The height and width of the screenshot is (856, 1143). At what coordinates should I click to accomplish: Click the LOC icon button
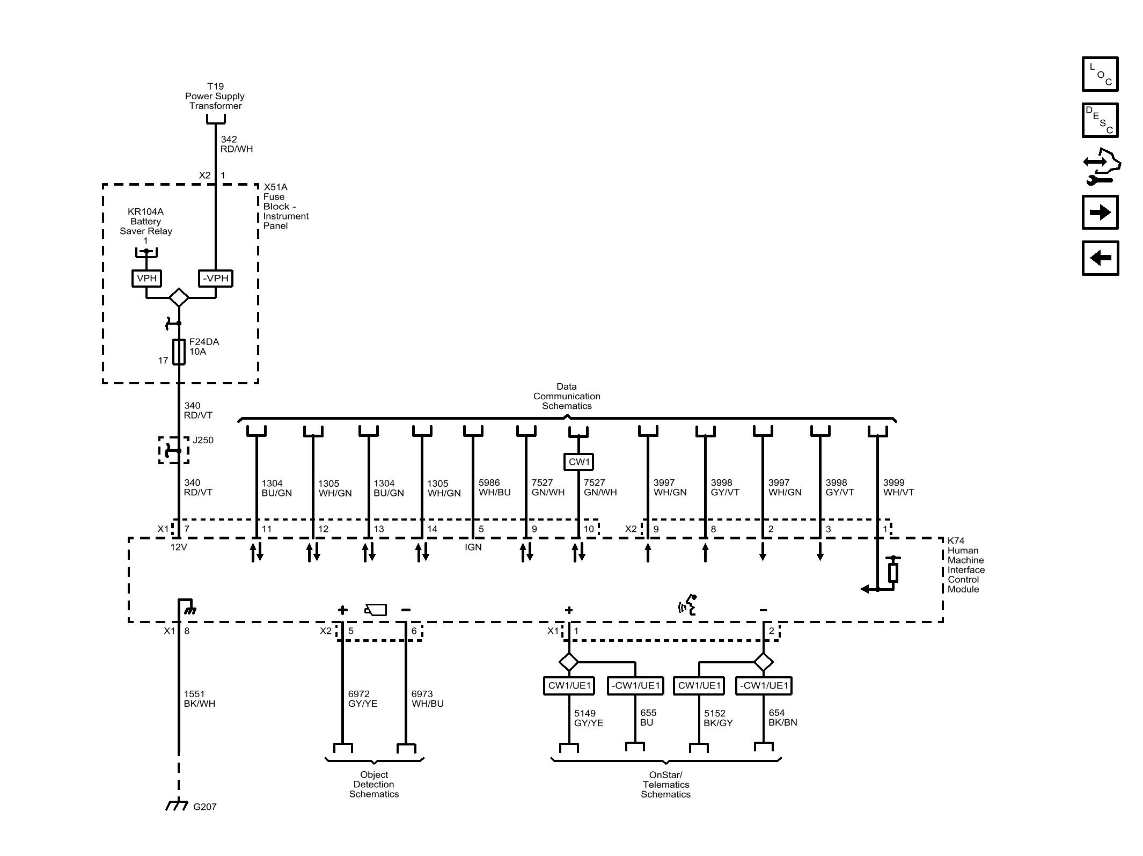(x=1100, y=74)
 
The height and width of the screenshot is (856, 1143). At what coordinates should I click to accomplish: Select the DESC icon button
(x=1100, y=120)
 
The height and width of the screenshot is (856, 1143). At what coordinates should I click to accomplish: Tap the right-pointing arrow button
(x=1100, y=213)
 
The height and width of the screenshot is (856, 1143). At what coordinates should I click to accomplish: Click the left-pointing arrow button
(x=1100, y=258)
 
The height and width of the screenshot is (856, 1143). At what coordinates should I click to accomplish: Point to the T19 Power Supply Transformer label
(x=215, y=96)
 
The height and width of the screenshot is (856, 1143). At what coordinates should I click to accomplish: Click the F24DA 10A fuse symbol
(x=179, y=352)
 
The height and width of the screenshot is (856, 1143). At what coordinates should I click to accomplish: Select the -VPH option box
(x=215, y=278)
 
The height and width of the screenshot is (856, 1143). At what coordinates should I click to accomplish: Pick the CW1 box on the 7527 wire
(x=578, y=462)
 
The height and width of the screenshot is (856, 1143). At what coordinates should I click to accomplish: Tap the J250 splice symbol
(x=173, y=450)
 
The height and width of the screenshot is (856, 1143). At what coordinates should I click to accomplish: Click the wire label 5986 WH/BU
(x=494, y=487)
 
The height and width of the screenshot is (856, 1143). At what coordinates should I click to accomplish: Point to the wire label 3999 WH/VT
(x=898, y=487)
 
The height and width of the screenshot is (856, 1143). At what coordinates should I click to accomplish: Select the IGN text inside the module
(x=473, y=547)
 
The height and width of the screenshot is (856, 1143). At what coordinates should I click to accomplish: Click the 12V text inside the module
(x=179, y=547)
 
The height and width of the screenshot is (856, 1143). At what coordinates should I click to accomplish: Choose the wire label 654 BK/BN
(x=782, y=718)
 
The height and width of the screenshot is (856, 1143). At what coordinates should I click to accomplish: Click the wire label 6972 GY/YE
(x=362, y=699)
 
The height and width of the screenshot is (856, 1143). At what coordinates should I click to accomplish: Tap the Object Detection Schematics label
(x=374, y=784)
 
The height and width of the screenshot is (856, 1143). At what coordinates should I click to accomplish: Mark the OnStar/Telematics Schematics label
(x=665, y=785)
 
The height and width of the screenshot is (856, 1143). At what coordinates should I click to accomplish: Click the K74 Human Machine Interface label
(x=965, y=565)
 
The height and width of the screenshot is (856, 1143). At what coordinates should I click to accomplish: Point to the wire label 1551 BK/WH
(x=199, y=699)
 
